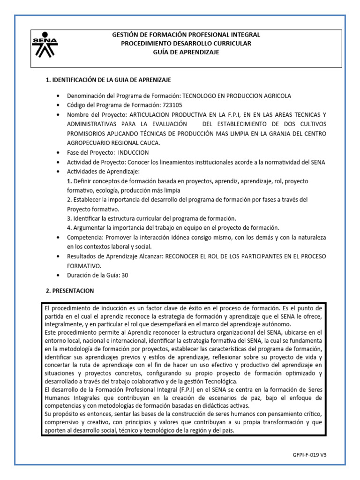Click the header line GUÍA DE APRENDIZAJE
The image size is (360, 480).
186,52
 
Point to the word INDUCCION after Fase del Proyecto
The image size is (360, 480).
134,153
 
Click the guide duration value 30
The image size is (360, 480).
125,275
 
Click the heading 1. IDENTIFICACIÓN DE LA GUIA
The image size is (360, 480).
108,80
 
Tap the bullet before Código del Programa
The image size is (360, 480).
58,105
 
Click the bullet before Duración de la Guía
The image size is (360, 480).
58,276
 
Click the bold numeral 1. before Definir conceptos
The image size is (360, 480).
69,181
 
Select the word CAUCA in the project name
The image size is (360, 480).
149,143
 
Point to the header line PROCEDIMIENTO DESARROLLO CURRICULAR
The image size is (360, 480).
186,44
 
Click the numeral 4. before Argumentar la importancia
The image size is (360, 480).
69,228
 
